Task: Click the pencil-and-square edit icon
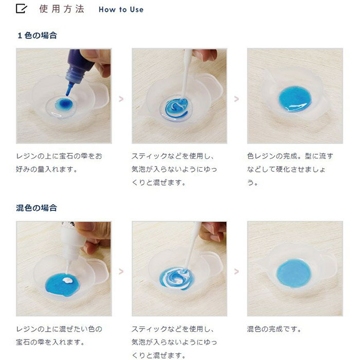click(22, 9)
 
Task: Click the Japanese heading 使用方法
click(62, 9)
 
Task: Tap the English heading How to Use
click(121, 9)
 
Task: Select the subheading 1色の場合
click(37, 35)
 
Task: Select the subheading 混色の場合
click(37, 208)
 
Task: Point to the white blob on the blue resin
click(67, 280)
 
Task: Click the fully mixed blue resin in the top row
click(295, 99)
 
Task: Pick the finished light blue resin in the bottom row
click(294, 273)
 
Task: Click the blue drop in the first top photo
click(64, 104)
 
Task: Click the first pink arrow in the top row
click(121, 99)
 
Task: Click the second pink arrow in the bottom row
click(237, 272)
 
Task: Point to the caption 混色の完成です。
click(274, 329)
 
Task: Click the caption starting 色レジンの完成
click(290, 169)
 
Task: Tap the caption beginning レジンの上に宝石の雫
click(59, 163)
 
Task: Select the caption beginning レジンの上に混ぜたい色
click(59, 335)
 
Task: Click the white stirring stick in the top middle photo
click(186, 74)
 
